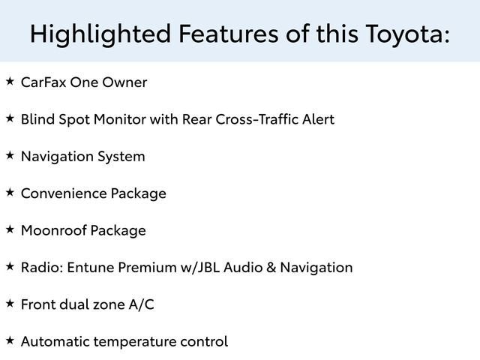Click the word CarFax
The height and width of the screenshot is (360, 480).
43,82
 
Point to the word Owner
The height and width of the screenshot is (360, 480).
125,82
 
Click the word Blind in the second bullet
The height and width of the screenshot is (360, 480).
37,119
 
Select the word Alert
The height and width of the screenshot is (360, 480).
317,119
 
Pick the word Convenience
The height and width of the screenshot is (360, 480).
63,193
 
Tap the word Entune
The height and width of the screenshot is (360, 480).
90,267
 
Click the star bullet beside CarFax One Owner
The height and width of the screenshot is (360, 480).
10,80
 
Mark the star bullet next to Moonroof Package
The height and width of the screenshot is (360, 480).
10,228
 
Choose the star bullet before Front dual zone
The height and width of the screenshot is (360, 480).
10,302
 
